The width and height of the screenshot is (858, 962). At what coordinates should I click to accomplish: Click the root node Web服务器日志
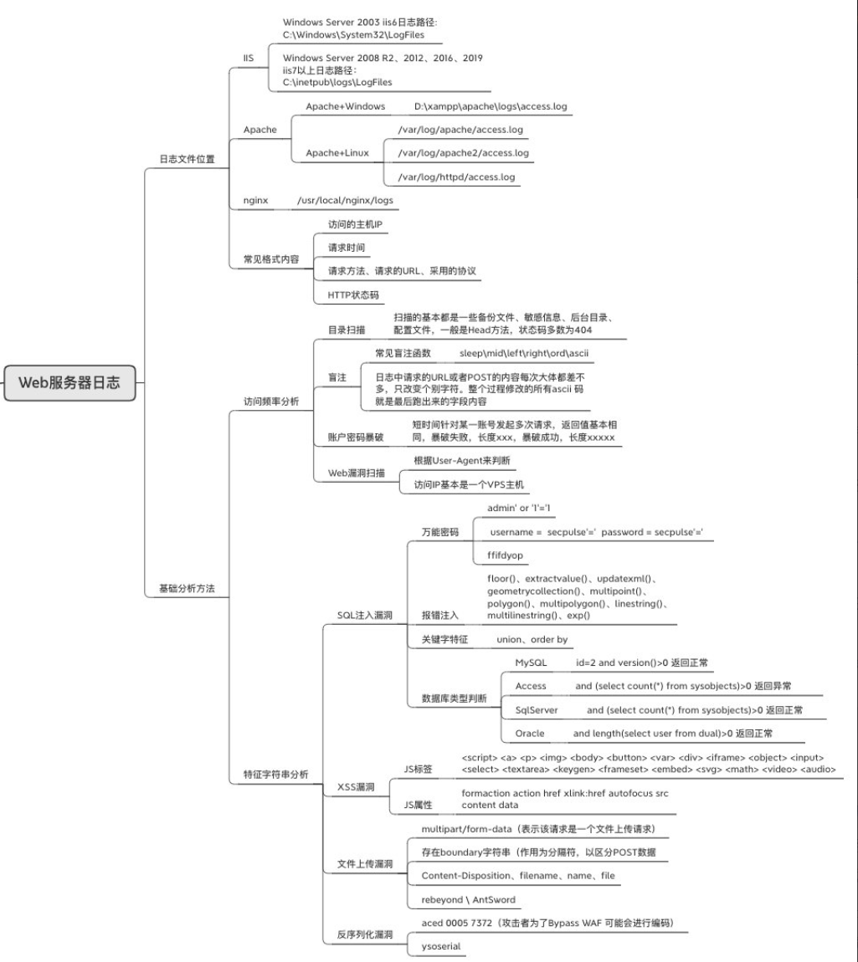point(69,383)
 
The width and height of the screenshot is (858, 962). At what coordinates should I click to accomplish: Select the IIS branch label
point(248,58)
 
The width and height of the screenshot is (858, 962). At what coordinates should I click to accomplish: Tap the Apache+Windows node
point(345,106)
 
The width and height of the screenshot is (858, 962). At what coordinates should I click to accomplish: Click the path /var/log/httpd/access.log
point(456,177)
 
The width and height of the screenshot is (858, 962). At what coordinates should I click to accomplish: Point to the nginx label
point(255,201)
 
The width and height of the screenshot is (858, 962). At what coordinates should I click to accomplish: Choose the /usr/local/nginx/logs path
point(344,201)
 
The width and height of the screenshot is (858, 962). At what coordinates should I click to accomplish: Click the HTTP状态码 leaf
point(353,295)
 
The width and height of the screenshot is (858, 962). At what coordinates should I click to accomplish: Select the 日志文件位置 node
point(187,159)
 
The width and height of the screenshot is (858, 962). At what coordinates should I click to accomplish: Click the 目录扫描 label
point(346,330)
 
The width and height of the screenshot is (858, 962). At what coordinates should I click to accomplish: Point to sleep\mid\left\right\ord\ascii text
point(524,354)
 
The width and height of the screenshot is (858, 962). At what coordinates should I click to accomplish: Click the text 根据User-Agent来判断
point(462,460)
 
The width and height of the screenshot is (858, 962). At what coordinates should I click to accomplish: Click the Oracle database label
point(530,733)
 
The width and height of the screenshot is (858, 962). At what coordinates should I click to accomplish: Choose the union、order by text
point(532,639)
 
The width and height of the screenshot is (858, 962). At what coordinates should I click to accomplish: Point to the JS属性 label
point(418,805)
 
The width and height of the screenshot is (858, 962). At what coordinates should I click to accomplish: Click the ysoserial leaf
point(441,946)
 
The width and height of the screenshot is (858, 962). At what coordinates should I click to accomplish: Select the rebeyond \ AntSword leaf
point(469,899)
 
